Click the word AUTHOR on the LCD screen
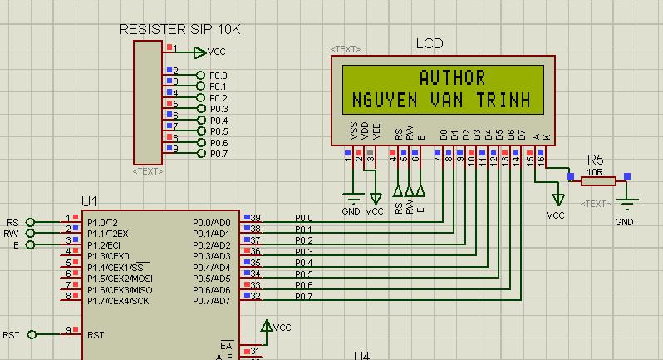(452, 78)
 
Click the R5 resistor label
(596, 160)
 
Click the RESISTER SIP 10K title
(180, 29)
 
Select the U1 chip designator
(89, 201)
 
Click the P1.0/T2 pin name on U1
(103, 223)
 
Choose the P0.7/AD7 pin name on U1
(212, 300)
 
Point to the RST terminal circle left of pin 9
(32, 335)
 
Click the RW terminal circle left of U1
(31, 234)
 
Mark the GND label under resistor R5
(624, 222)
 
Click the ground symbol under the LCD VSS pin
(352, 198)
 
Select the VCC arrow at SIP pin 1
(199, 52)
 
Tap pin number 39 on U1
(256, 218)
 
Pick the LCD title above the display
(430, 43)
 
